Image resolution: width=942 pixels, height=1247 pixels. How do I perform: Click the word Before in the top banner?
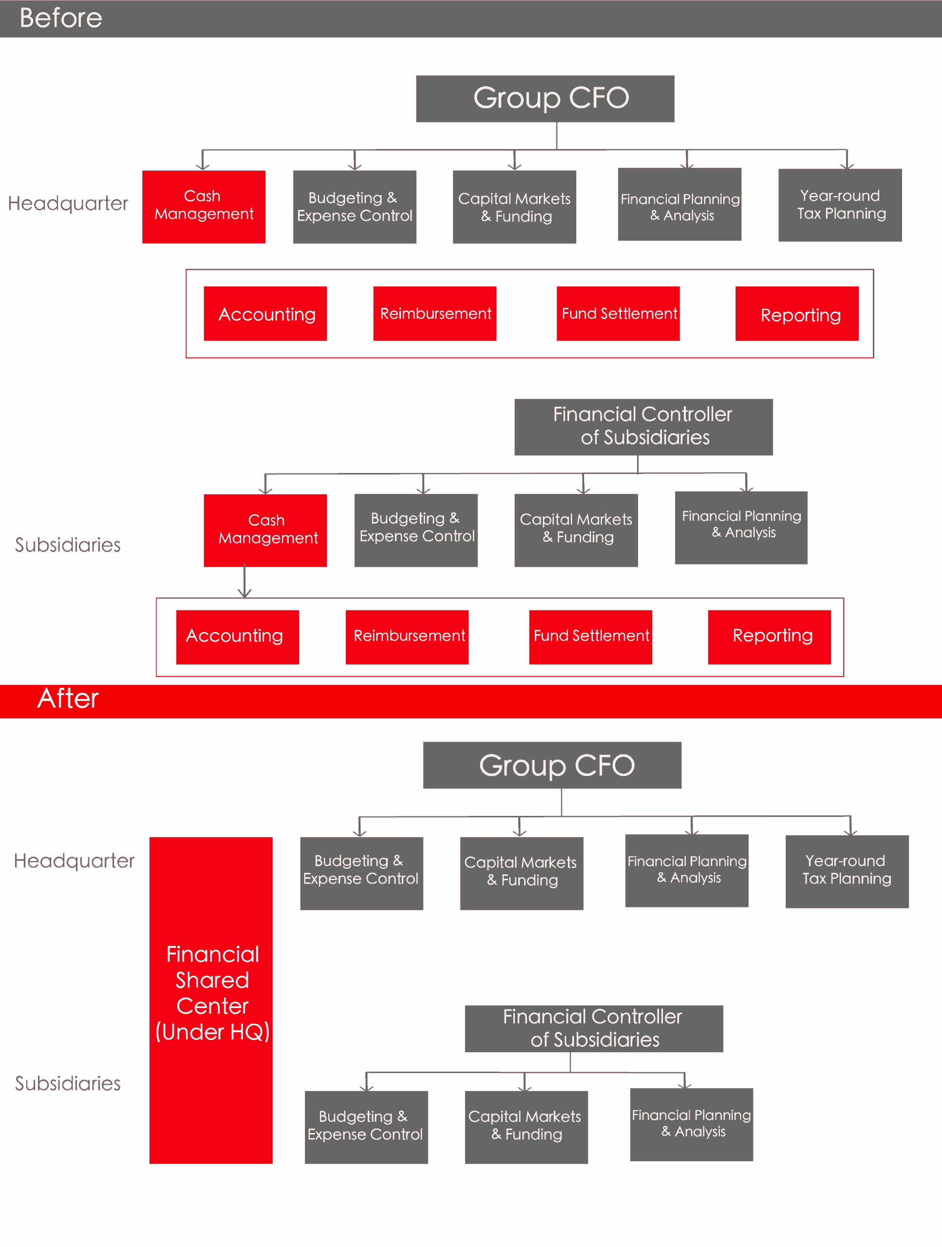coord(61,18)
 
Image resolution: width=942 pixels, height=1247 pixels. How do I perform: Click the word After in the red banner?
coord(68,699)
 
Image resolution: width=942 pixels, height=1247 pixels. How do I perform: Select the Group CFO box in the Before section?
coord(545,99)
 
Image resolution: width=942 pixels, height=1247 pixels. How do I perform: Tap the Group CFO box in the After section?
coord(552,765)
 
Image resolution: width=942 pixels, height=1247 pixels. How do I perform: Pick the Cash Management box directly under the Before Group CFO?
coord(204,207)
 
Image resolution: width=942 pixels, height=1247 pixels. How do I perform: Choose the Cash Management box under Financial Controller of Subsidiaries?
coord(265,530)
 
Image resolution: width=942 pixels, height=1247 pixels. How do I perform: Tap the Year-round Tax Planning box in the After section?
coord(847,871)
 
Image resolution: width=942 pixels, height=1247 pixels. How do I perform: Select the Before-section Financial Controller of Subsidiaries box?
coord(643,427)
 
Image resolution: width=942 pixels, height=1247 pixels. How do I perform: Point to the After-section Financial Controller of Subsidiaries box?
coord(594,1028)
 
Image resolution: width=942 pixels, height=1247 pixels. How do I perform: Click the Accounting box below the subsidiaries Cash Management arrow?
coord(237,637)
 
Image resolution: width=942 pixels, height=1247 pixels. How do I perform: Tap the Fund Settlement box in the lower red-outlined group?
coord(590,637)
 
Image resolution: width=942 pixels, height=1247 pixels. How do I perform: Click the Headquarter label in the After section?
coord(74,861)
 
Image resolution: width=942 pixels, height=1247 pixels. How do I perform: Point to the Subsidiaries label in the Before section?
coord(68,545)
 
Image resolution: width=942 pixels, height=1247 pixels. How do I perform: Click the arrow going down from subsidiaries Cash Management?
coord(244,581)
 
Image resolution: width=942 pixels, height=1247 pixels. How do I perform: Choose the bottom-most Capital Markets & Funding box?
coord(526,1127)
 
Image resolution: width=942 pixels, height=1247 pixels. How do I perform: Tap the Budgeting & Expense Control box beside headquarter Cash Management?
coord(354,207)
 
